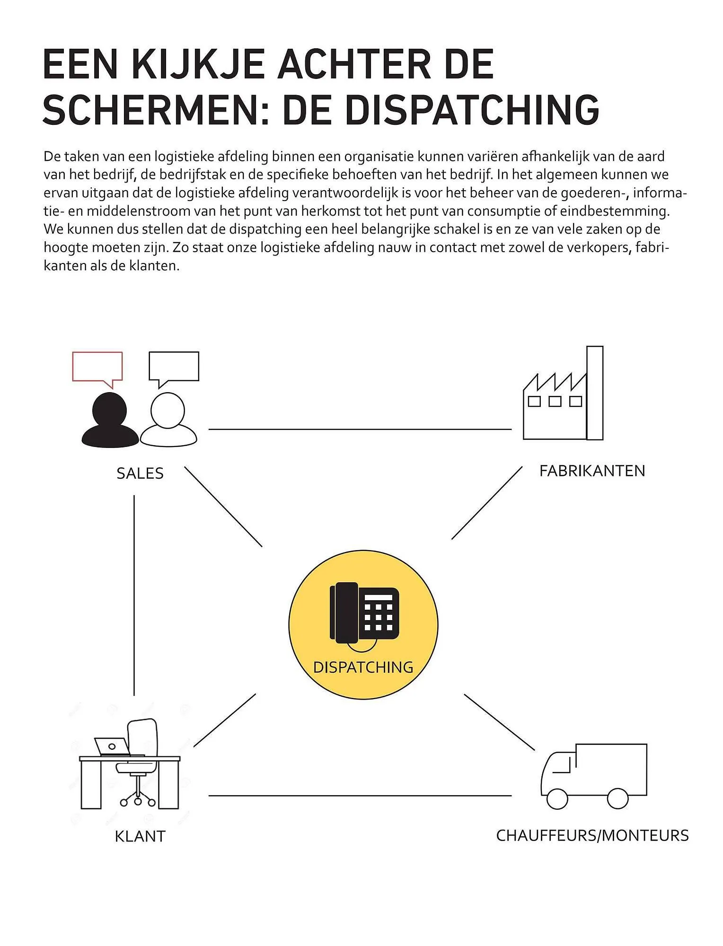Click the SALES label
[140, 473]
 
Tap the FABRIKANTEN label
[592, 471]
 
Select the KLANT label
[140, 836]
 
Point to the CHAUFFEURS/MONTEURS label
[592, 836]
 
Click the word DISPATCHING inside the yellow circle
[363, 667]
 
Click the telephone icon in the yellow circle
[364, 613]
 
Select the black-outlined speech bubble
[174, 367]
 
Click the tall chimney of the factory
[595, 393]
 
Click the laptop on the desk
[112, 746]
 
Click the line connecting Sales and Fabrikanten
[360, 429]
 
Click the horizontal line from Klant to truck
[360, 796]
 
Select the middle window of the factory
[555, 402]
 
